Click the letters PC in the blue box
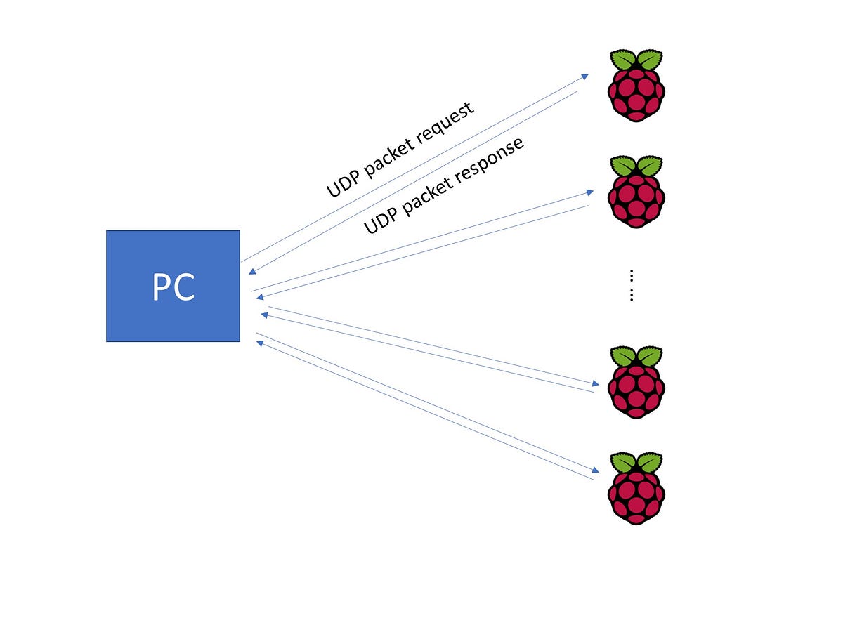pos(173,287)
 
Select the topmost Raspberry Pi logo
pos(636,86)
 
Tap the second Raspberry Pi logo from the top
pos(636,192)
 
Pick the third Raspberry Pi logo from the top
pos(636,383)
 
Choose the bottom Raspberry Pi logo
pos(636,489)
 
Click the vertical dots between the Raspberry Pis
pos(632,285)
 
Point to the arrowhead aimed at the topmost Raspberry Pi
pos(584,74)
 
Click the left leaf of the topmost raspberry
pos(622,59)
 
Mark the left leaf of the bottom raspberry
pos(622,462)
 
